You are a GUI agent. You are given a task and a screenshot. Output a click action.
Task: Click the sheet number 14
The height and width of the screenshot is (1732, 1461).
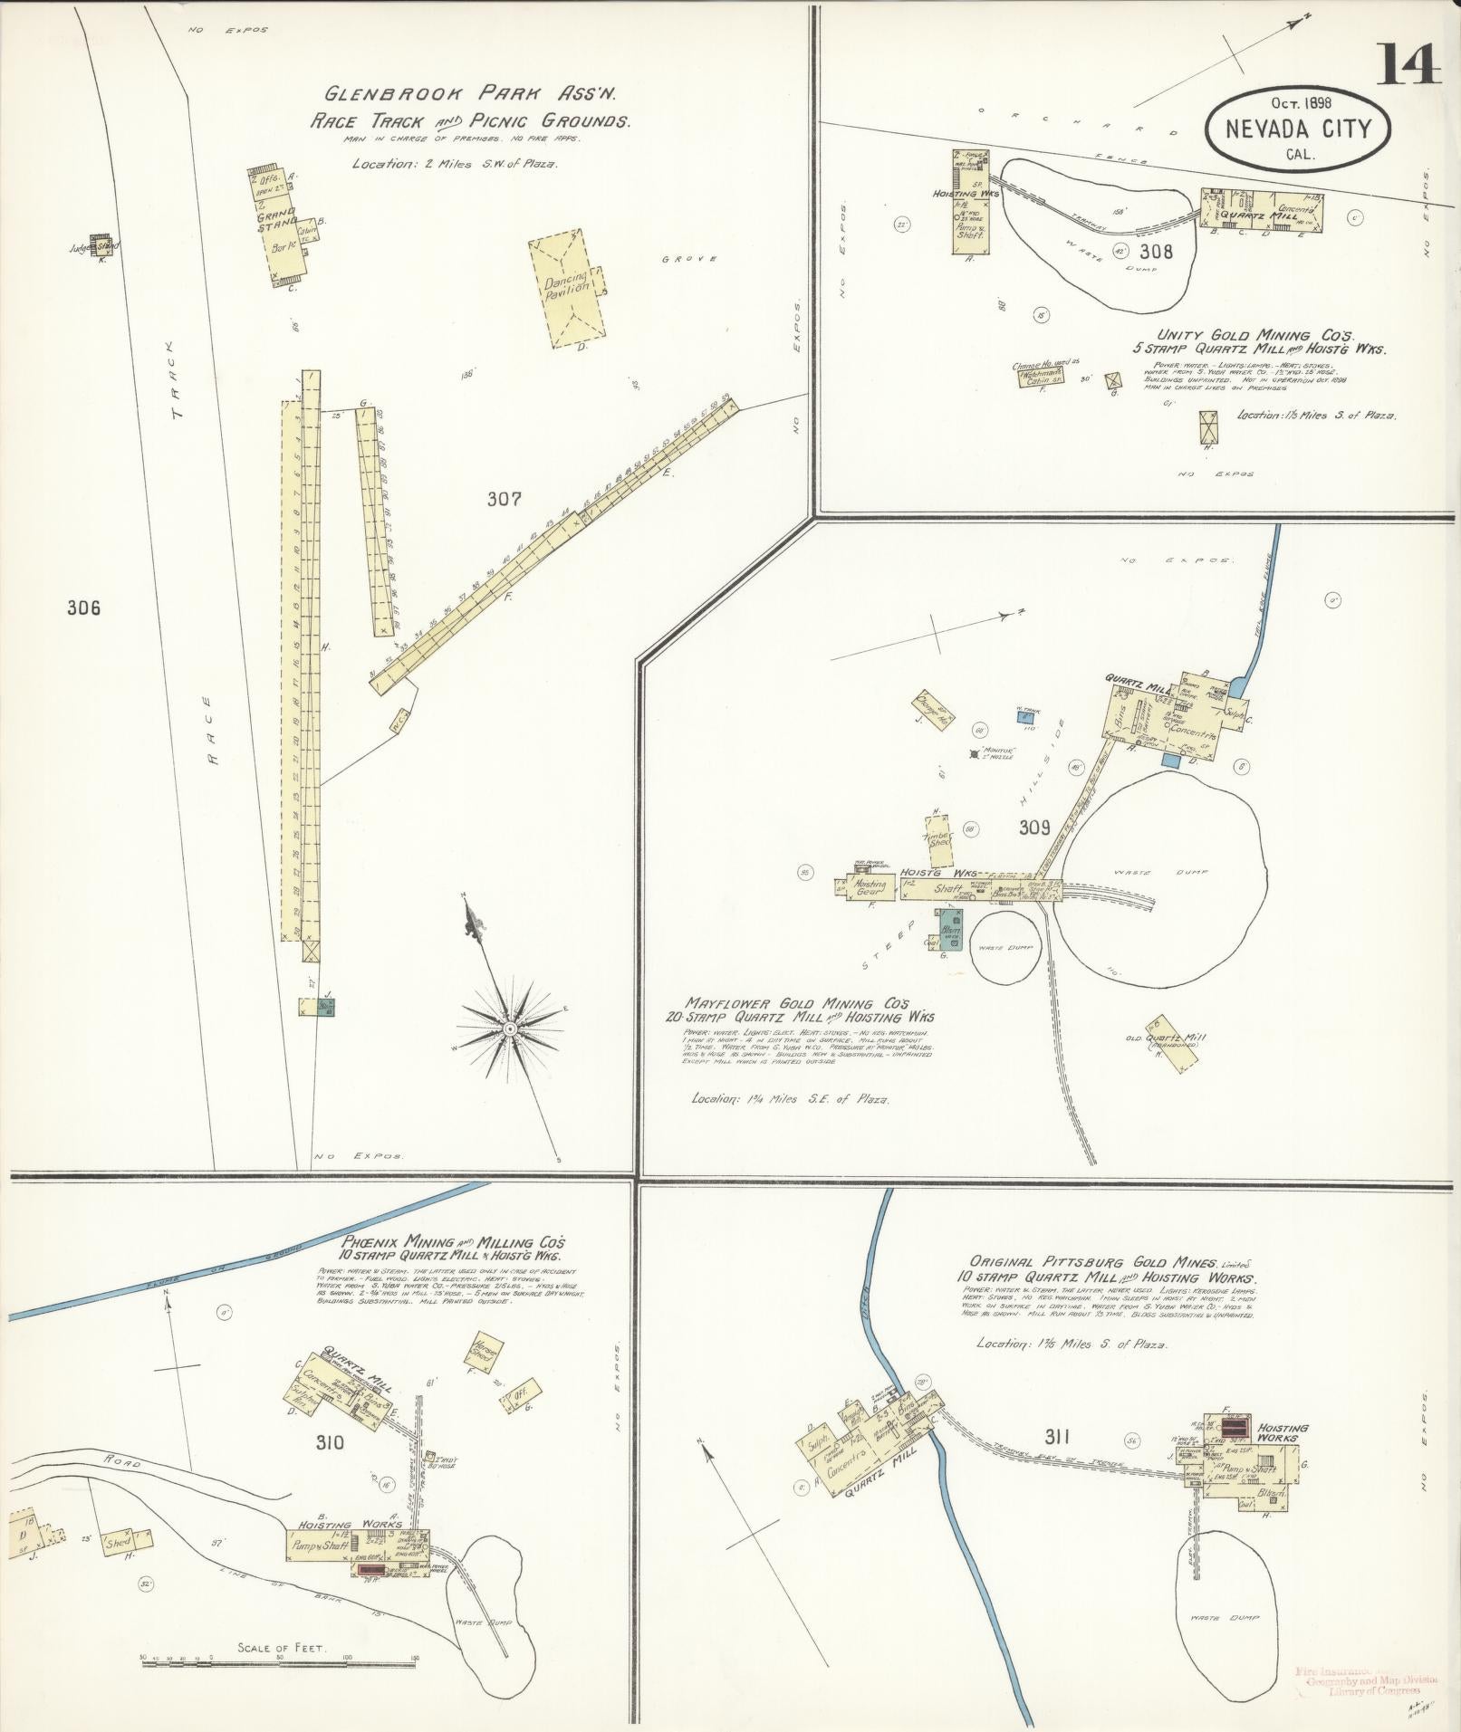[1409, 63]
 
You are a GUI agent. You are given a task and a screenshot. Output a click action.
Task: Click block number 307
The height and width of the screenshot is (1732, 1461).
[504, 498]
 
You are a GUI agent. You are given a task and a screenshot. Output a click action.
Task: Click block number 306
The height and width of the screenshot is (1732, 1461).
[83, 608]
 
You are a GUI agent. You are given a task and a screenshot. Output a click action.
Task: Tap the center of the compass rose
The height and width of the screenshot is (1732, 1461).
[510, 1029]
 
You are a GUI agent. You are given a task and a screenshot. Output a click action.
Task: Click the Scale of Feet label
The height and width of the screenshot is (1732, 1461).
[281, 1648]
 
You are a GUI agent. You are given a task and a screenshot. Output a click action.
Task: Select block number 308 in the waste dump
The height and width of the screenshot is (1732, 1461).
[1157, 251]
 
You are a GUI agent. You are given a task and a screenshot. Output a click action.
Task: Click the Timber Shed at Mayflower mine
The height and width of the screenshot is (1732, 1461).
[937, 833]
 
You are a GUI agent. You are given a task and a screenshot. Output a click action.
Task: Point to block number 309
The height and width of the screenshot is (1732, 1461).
[1033, 827]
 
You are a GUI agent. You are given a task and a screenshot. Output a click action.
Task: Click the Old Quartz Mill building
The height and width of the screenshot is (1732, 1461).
[1169, 1043]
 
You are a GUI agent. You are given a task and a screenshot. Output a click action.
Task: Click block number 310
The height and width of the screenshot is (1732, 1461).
[330, 1442]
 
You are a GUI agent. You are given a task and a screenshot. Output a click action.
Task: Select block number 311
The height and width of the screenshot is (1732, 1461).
[1057, 1436]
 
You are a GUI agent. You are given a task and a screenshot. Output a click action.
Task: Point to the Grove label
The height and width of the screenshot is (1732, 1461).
[688, 259]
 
